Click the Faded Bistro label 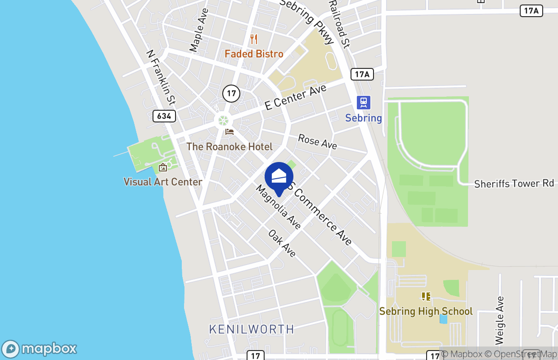click(254, 54)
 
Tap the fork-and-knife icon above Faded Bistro click(254, 39)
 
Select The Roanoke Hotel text click(229, 147)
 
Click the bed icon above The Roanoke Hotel click(229, 132)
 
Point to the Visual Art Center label click(163, 182)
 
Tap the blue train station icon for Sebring click(364, 103)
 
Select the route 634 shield click(164, 116)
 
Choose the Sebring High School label click(426, 311)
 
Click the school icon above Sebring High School click(426, 296)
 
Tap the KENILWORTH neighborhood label click(252, 329)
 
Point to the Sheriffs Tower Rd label click(514, 184)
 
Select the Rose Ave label click(317, 141)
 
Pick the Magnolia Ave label click(278, 207)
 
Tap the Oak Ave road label click(282, 243)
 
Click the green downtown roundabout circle click(223, 120)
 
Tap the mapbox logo click(39, 349)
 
